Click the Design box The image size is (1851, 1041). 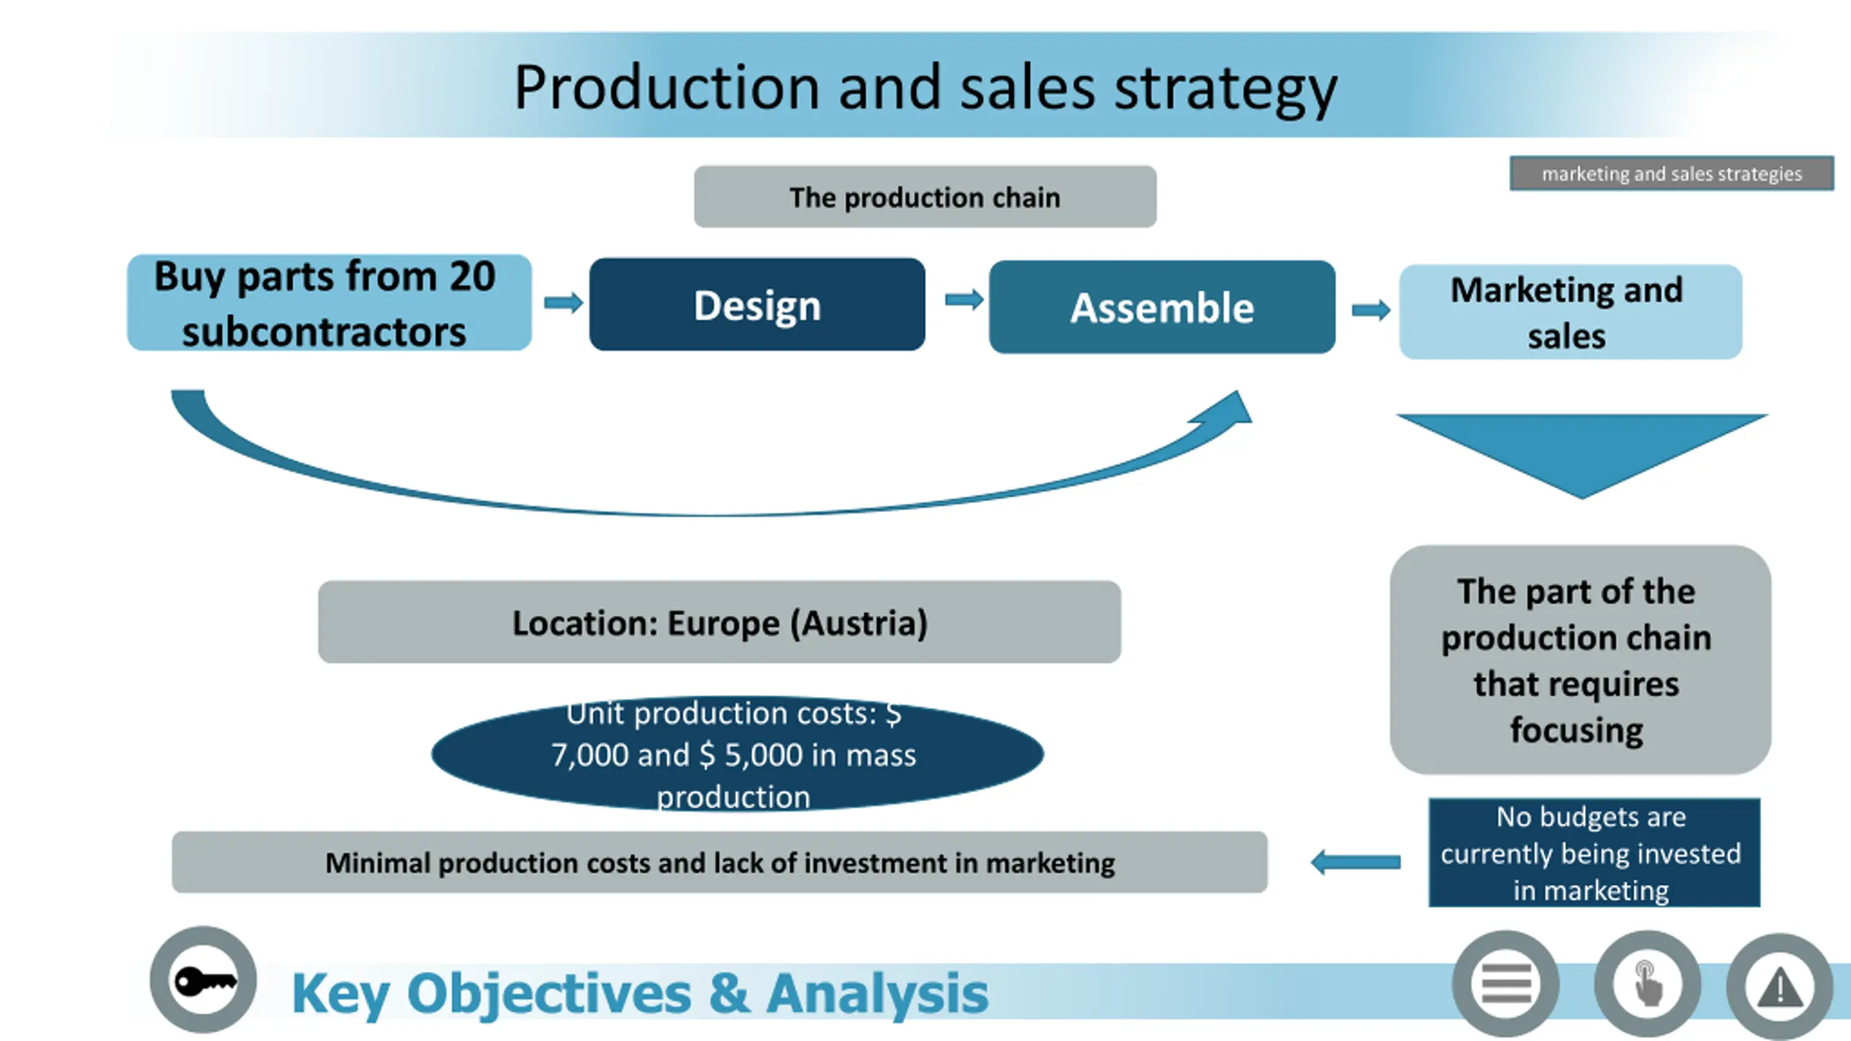click(757, 304)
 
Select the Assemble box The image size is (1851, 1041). click(1162, 307)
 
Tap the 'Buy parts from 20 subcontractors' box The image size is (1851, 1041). click(329, 303)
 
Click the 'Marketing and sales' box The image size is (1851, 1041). click(1570, 312)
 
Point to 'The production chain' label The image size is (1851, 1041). click(925, 197)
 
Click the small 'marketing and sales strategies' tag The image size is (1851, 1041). click(1671, 173)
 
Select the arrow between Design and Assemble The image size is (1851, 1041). click(964, 299)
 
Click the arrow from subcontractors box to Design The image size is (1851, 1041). click(563, 302)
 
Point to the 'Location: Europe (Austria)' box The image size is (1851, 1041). click(719, 622)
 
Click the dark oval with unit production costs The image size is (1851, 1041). click(737, 754)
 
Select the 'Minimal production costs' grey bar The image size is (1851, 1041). click(719, 862)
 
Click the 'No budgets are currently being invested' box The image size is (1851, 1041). click(1594, 853)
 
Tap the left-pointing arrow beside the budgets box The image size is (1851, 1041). click(1356, 862)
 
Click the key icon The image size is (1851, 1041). click(203, 980)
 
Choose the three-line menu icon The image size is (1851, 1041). click(1506, 984)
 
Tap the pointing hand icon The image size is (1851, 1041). click(1647, 984)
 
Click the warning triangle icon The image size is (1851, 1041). click(1779, 987)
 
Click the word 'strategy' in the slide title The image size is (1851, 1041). click(1226, 88)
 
